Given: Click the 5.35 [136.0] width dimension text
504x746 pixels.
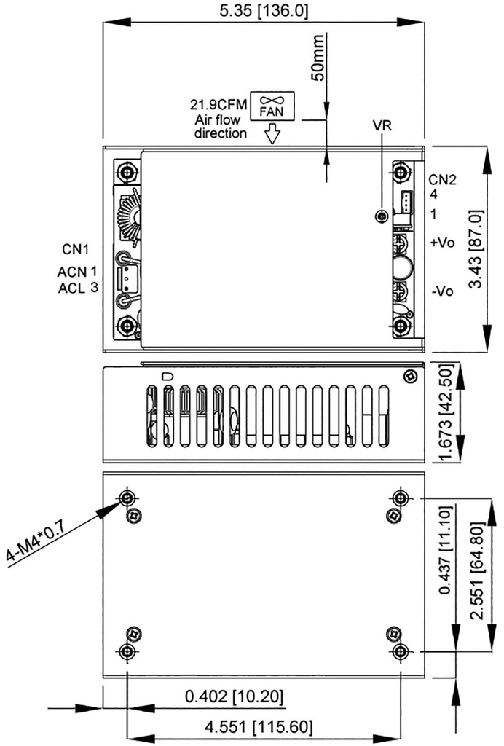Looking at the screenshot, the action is coord(264,10).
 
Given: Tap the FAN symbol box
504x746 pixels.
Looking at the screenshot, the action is coord(272,106).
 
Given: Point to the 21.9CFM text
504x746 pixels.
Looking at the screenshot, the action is coord(218,104).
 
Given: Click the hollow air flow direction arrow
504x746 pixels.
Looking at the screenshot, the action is coord(272,134).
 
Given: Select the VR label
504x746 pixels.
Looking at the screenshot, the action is coord(382,125).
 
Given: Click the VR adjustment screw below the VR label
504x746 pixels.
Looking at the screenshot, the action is coord(381,216).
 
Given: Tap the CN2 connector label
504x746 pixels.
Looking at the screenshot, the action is coord(442,180).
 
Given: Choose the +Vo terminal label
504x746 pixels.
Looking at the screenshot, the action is coord(442,243).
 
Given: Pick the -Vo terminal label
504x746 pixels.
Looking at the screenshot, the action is coord(442,291).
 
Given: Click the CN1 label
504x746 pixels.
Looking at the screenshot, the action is coord(75,249).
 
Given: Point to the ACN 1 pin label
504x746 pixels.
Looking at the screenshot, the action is coord(77,272).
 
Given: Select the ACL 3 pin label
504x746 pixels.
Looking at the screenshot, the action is coord(79,288).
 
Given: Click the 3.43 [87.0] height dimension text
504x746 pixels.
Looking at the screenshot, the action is coord(476,249).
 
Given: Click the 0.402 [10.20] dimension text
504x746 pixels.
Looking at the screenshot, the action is coord(234,696).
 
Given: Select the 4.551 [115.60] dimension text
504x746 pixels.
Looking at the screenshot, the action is coord(259,726).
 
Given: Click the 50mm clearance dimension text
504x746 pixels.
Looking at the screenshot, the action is coord(317,57).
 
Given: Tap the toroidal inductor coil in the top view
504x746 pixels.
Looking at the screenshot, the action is coord(127,217).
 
